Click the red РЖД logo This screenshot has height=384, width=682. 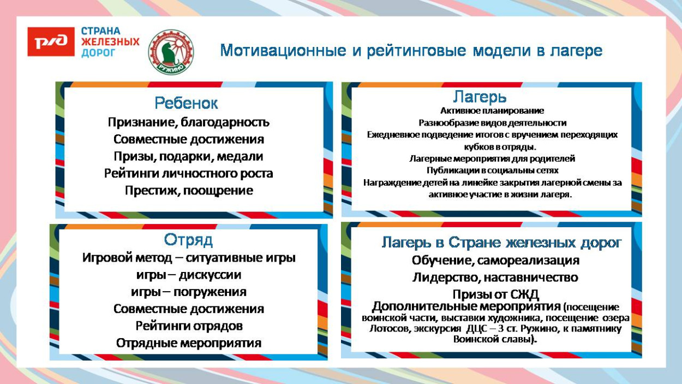click(51, 42)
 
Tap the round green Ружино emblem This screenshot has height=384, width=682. click(171, 52)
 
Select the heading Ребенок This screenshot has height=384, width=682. click(187, 103)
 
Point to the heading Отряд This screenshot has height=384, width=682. click(188, 240)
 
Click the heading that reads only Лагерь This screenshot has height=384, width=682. click(480, 97)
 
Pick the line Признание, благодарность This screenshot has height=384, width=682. click(188, 122)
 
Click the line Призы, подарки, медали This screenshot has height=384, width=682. click(188, 156)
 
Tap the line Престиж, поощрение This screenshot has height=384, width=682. click(188, 191)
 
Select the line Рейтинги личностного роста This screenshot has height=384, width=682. click(188, 174)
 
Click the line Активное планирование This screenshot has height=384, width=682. click(492, 111)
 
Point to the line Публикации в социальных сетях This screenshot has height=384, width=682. click(492, 170)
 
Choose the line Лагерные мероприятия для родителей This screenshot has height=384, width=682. click(492, 158)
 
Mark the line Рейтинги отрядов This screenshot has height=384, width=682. click(189, 326)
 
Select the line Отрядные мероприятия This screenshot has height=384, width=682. click(189, 343)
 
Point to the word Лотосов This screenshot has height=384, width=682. click(386, 329)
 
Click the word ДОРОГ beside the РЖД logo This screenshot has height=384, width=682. click(99, 54)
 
